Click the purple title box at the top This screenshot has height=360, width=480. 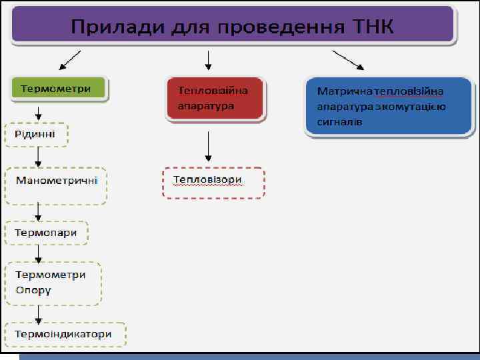233,27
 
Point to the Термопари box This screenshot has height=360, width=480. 46,233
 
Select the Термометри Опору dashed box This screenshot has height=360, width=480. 53,283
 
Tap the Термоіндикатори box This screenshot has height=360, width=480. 65,334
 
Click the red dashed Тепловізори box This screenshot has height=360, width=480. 213,181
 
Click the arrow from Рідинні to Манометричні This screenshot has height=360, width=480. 39,158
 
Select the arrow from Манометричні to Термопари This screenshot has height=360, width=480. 39,213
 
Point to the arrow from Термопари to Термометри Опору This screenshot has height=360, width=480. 39,253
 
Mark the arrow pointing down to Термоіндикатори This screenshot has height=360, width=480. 39,313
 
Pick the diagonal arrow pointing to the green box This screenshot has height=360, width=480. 70,61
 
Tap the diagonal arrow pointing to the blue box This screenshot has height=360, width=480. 348,61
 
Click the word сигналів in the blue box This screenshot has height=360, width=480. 340,122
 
